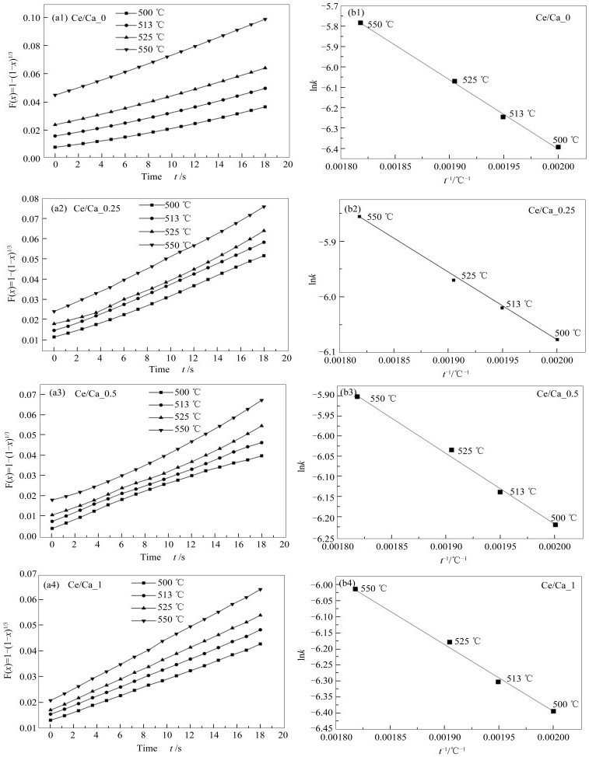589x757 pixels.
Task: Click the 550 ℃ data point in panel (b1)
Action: [361, 23]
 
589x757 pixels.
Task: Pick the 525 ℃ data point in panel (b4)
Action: [449, 642]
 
